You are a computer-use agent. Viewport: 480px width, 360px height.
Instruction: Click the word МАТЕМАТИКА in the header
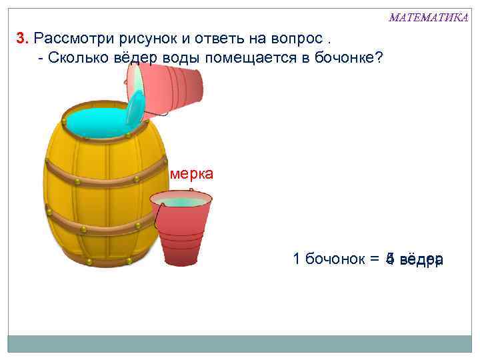[428, 17]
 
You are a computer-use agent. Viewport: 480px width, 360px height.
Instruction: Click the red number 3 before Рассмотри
[21, 37]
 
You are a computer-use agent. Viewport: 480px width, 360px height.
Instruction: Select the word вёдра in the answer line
[422, 259]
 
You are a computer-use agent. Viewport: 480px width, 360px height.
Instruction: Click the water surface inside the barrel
[93, 122]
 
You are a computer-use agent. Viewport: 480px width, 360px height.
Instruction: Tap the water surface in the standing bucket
[181, 201]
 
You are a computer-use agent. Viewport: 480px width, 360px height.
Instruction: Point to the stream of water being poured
[135, 107]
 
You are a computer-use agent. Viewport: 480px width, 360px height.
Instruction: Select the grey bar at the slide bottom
[239, 343]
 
